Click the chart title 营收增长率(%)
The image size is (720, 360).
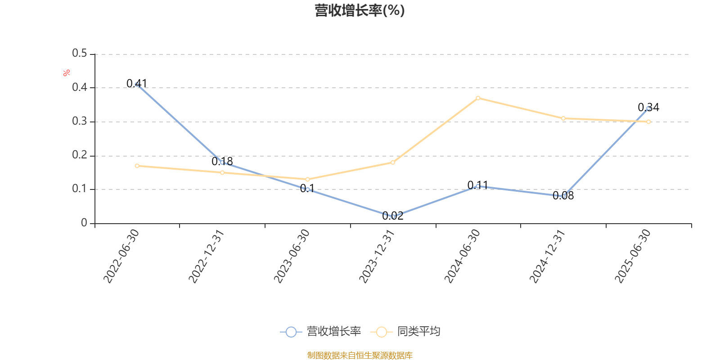tap(360, 10)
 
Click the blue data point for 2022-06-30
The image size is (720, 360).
tap(137, 85)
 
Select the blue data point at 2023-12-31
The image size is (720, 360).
tap(393, 216)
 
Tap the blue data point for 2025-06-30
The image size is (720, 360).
tap(648, 108)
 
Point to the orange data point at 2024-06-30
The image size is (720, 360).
tap(478, 98)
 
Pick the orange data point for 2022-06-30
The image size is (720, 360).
tap(137, 166)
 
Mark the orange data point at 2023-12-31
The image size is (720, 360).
tap(393, 162)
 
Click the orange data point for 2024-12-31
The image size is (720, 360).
tap(563, 118)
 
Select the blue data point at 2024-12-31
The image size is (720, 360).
tap(563, 196)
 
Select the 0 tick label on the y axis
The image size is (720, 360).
tap(84, 223)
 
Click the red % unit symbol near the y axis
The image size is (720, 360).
tap(67, 73)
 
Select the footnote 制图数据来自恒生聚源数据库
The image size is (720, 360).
tap(360, 355)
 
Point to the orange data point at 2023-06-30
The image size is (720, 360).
tap(307, 179)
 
